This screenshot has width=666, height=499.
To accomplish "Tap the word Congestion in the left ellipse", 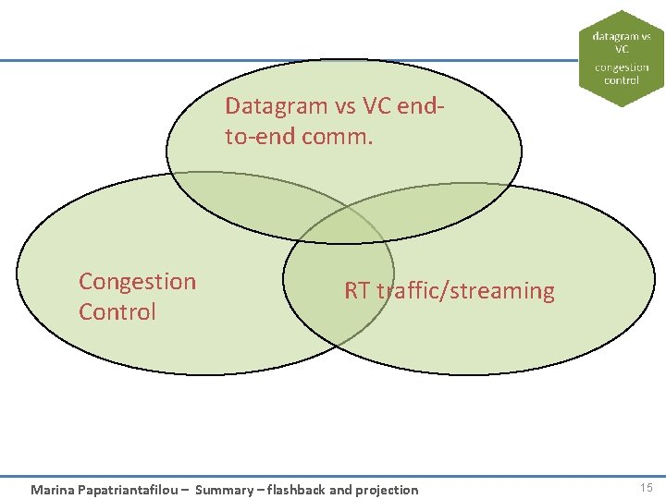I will point(138,282).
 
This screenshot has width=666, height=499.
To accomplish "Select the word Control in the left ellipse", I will point(117,312).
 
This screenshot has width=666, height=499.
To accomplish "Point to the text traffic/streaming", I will point(466,291).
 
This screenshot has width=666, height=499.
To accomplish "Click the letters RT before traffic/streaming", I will point(357,291).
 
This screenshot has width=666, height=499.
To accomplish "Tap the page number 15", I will point(646,488).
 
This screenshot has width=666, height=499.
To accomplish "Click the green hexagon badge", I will point(622,58).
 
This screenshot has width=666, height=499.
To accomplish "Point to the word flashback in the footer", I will point(296,490).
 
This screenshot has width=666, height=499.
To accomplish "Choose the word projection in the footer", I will point(383,490).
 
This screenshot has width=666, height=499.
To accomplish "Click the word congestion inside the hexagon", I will point(622,67).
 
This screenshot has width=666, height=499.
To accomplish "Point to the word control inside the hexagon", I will point(622,80).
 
